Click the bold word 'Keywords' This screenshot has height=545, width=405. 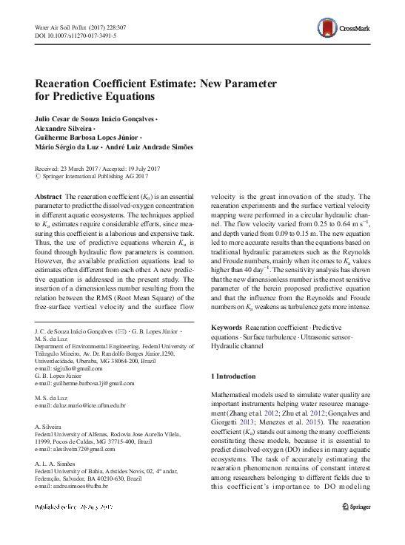pos(227,327)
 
